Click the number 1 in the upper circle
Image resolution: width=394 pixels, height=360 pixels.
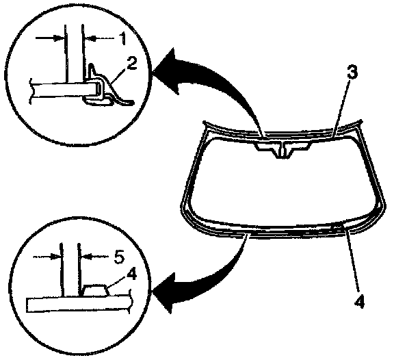coord(122,39)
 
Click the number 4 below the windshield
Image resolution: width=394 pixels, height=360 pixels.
coord(359,301)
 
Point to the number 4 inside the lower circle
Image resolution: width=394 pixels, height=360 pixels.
coord(131,274)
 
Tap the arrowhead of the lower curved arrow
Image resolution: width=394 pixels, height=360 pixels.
coord(165,294)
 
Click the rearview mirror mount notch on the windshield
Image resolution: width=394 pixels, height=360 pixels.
coord(283,150)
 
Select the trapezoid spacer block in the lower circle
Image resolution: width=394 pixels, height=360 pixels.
coord(95,291)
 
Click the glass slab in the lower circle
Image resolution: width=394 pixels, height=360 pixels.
coord(79,305)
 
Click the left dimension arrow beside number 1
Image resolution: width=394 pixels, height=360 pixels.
coord(49,38)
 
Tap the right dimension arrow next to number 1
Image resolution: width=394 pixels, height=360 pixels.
coord(100,39)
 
